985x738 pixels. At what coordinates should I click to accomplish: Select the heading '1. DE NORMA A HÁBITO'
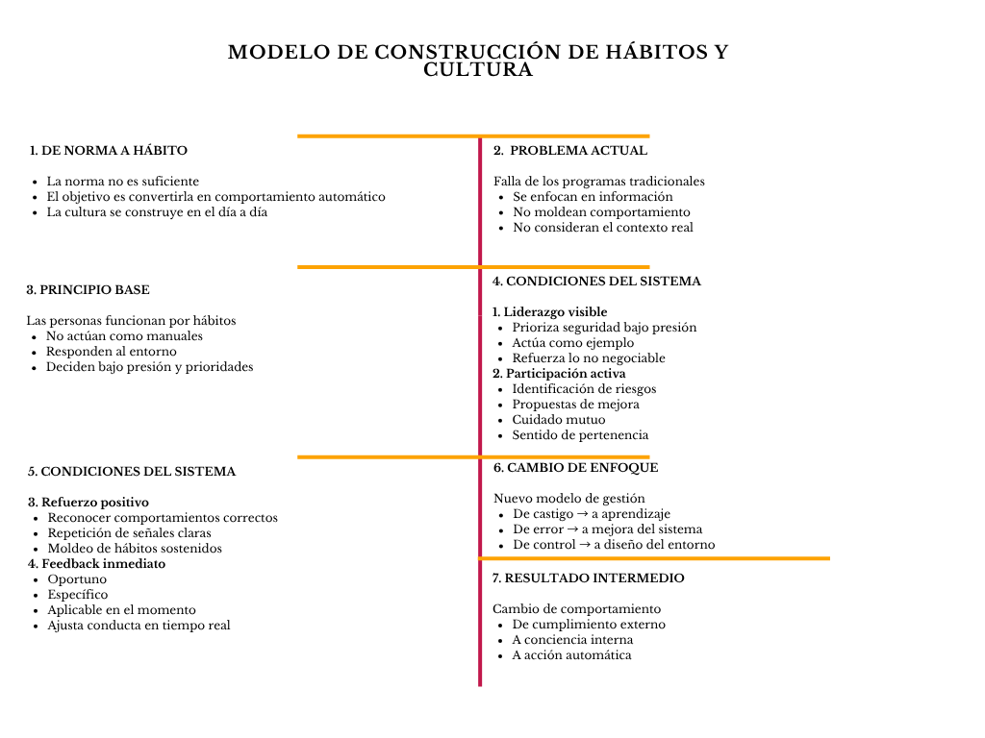pos(109,151)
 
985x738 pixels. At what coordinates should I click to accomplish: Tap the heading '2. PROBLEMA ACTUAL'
pos(570,151)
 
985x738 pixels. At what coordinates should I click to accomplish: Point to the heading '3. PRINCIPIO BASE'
pos(88,290)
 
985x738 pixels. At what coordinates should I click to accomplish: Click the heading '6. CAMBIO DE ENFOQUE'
pos(576,468)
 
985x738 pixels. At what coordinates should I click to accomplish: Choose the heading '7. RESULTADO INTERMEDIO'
pos(589,578)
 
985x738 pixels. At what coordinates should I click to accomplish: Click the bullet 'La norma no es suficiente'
pos(123,182)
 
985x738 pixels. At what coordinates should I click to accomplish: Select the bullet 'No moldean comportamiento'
pos(601,212)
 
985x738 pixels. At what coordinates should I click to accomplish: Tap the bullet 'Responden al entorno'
pos(112,352)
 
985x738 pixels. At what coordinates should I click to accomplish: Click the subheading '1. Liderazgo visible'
pos(550,312)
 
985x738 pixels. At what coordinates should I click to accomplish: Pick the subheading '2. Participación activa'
pos(559,374)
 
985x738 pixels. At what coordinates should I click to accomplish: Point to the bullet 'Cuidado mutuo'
pos(559,420)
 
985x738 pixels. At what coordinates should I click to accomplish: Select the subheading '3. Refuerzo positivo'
pos(88,503)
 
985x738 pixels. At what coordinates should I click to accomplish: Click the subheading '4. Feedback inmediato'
pos(96,564)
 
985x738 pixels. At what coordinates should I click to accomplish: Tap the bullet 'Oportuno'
pos(77,579)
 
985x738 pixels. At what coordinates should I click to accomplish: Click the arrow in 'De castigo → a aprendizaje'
pos(582,514)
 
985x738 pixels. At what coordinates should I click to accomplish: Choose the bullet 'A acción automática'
pos(571,655)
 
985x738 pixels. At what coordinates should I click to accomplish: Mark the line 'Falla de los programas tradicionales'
pos(599,182)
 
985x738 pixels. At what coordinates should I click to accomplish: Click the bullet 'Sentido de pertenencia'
pos(580,435)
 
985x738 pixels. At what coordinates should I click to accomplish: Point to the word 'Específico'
pos(78,595)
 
